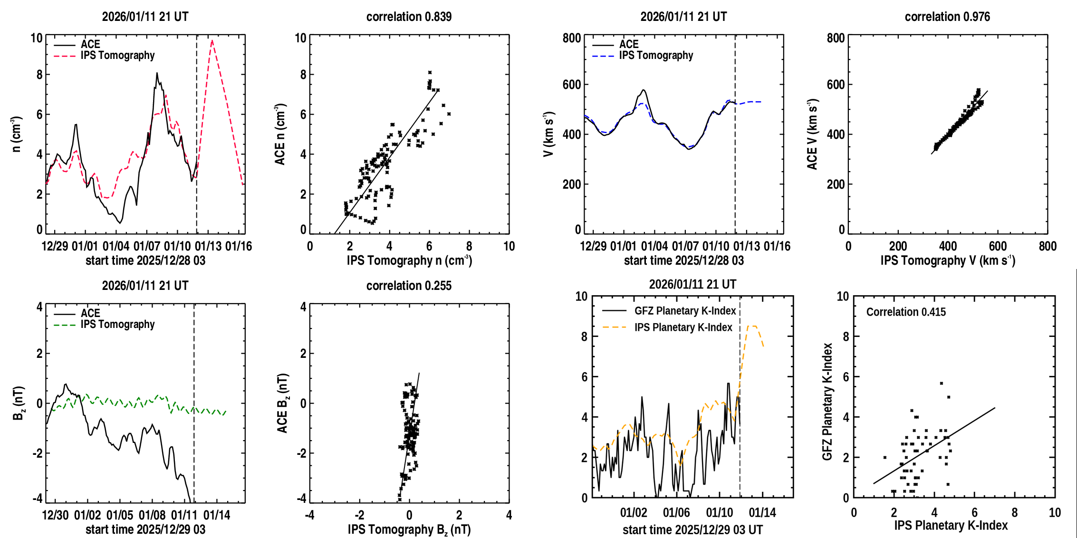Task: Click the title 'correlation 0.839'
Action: click(x=409, y=17)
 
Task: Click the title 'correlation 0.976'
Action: click(x=947, y=17)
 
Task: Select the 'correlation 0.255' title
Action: click(x=409, y=286)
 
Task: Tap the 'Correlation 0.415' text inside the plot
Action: click(x=906, y=312)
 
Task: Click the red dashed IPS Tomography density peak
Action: click(x=212, y=41)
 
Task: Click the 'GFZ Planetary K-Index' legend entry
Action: click(x=685, y=311)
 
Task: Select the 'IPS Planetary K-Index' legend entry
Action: click(x=683, y=327)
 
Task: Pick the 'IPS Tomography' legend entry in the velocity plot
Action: click(x=656, y=56)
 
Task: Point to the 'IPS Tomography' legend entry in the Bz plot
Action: click(x=117, y=325)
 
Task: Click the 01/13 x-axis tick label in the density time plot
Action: click(x=208, y=246)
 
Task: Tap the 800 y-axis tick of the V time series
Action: click(x=572, y=38)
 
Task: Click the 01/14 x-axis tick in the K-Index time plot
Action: click(x=762, y=513)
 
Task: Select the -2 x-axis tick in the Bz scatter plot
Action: click(x=359, y=515)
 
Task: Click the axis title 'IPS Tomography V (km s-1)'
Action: click(x=948, y=260)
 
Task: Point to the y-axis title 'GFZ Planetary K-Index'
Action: click(x=827, y=402)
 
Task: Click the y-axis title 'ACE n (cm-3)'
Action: click(x=280, y=134)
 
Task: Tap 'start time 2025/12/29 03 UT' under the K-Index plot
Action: click(x=692, y=530)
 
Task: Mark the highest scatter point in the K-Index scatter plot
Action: click(x=941, y=383)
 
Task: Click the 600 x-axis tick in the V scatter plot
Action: click(x=998, y=246)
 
